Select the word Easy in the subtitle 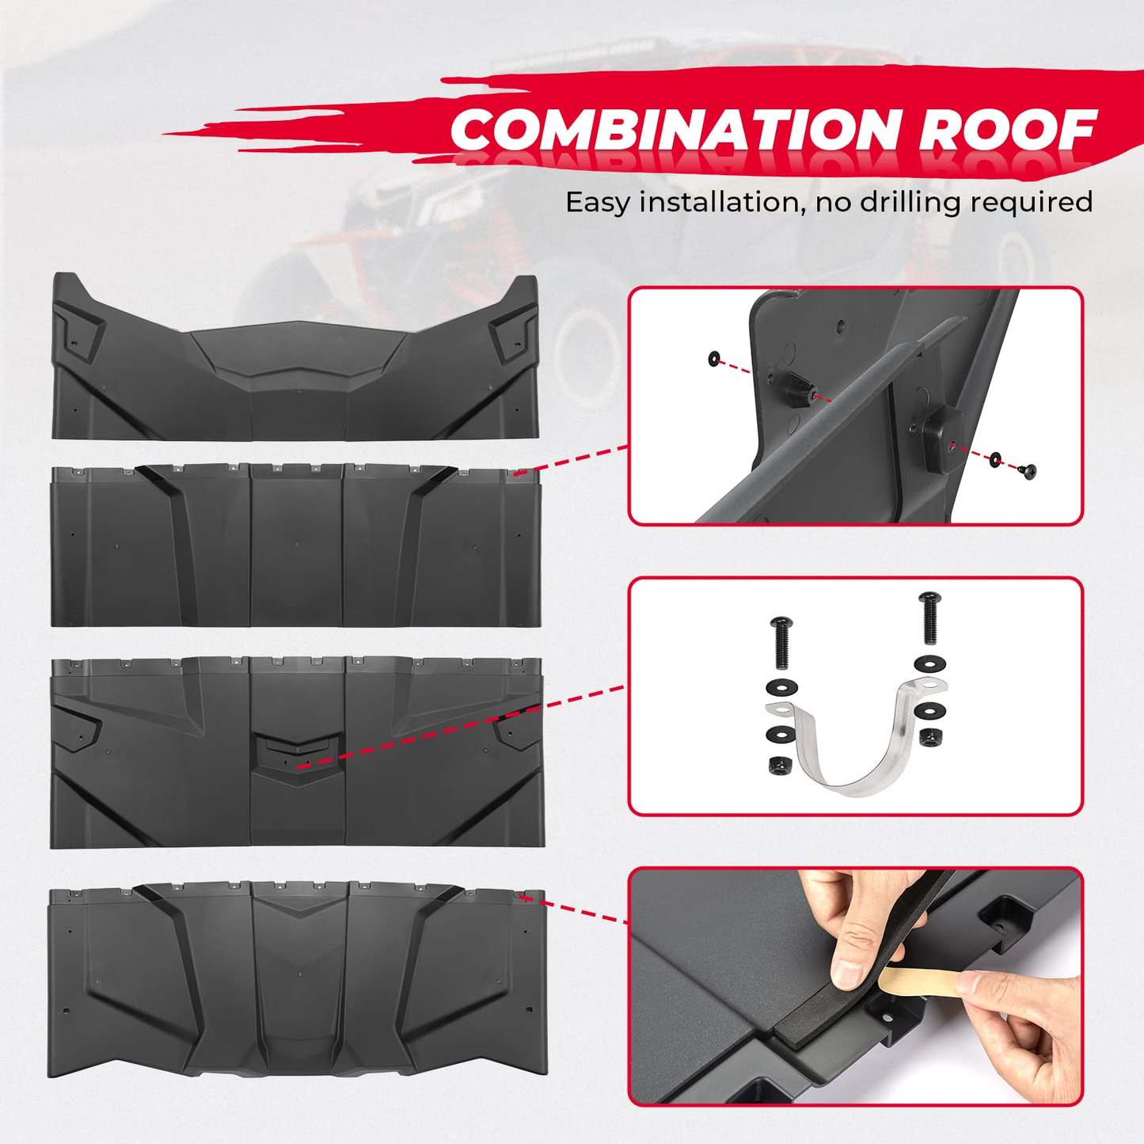coord(598,203)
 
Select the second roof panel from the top coord(296,546)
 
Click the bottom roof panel coord(296,982)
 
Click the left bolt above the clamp coord(779,643)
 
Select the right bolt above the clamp coord(928,618)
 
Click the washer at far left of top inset coord(714,359)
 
